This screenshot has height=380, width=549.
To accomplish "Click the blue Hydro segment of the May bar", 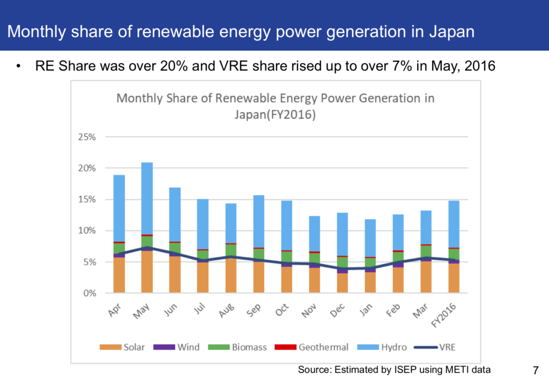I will (147, 198).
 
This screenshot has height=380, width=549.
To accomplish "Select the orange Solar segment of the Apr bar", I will (119, 275).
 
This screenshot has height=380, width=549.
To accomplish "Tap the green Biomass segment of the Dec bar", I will (343, 262).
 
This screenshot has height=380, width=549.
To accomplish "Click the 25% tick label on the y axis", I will (86, 137).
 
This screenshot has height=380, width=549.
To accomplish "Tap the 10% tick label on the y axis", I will (86, 231).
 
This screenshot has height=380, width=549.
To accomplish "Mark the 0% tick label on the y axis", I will (88, 294).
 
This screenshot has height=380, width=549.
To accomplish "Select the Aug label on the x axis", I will (227, 309).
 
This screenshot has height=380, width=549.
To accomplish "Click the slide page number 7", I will (536, 369).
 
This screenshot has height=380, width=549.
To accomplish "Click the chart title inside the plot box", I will (275, 107).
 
